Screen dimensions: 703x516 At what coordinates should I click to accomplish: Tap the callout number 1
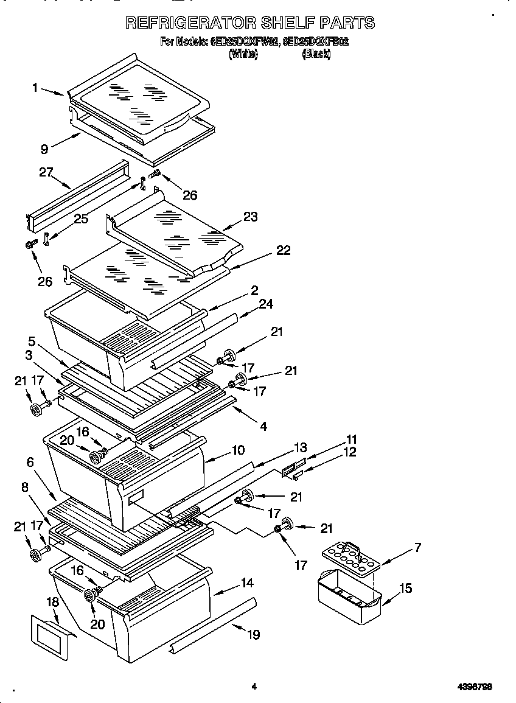pos(36,88)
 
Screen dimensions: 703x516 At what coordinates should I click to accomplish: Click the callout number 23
pos(250,216)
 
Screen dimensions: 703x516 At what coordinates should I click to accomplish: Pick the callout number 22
pos(283,250)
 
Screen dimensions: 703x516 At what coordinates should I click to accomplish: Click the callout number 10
pos(238,450)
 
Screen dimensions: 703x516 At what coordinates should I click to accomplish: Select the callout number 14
pos(246,582)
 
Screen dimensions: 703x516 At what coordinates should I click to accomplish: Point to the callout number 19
pos(253,634)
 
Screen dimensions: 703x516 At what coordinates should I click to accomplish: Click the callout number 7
pos(417,548)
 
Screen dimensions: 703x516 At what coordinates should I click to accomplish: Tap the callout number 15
pos(405,588)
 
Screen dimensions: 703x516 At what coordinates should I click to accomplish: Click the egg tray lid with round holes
pos(350,556)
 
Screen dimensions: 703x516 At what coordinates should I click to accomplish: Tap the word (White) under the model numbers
pos(243,54)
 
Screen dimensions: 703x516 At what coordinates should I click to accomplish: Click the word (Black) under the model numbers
pos(316,54)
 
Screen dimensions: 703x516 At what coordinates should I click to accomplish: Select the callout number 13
pos(301,448)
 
